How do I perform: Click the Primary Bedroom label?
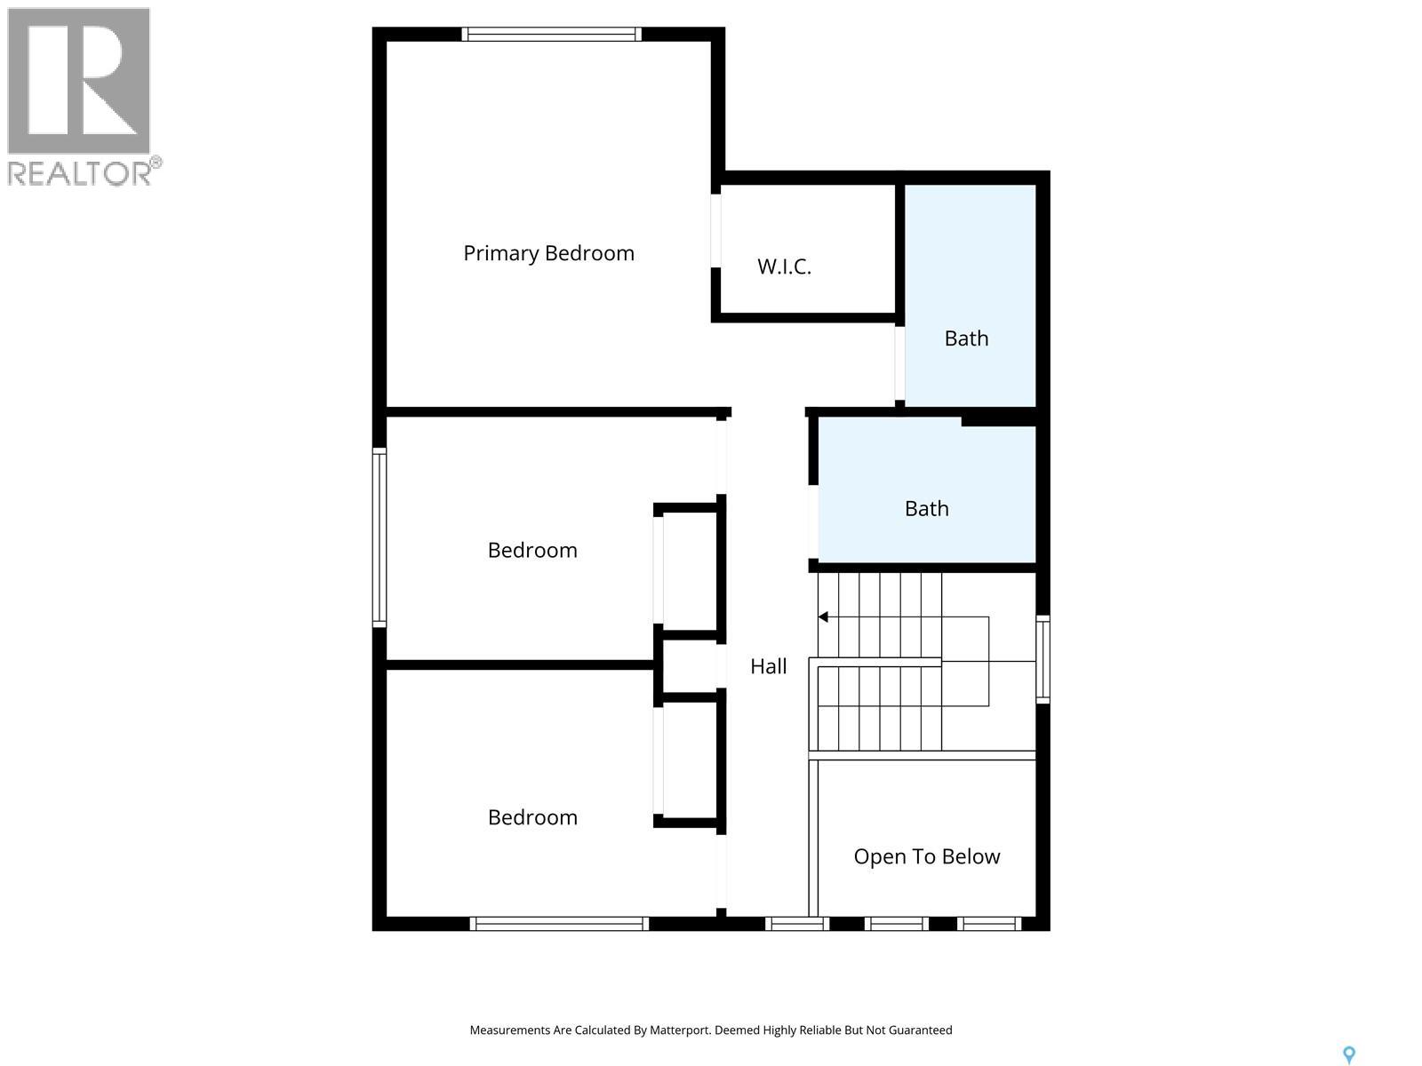coord(548,253)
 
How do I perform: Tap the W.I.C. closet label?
coord(784,266)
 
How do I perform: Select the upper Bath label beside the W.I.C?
coord(966,338)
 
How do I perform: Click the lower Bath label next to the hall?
coord(926,509)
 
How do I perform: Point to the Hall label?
coord(768,666)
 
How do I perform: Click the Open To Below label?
coord(926,856)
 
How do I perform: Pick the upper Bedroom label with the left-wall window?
coord(532,550)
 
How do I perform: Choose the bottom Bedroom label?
coord(532,817)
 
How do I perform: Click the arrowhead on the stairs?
coord(823,617)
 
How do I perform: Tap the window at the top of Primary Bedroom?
coord(551,35)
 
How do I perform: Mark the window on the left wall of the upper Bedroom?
coord(379,537)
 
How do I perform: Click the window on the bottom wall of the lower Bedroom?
coord(559,924)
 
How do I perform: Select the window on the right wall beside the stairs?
coord(1043,659)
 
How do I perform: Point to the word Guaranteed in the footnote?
coord(917,1030)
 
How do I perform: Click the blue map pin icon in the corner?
coord(1348,1054)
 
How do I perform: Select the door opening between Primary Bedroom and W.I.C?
coord(715,230)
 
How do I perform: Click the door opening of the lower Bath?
coord(813,521)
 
